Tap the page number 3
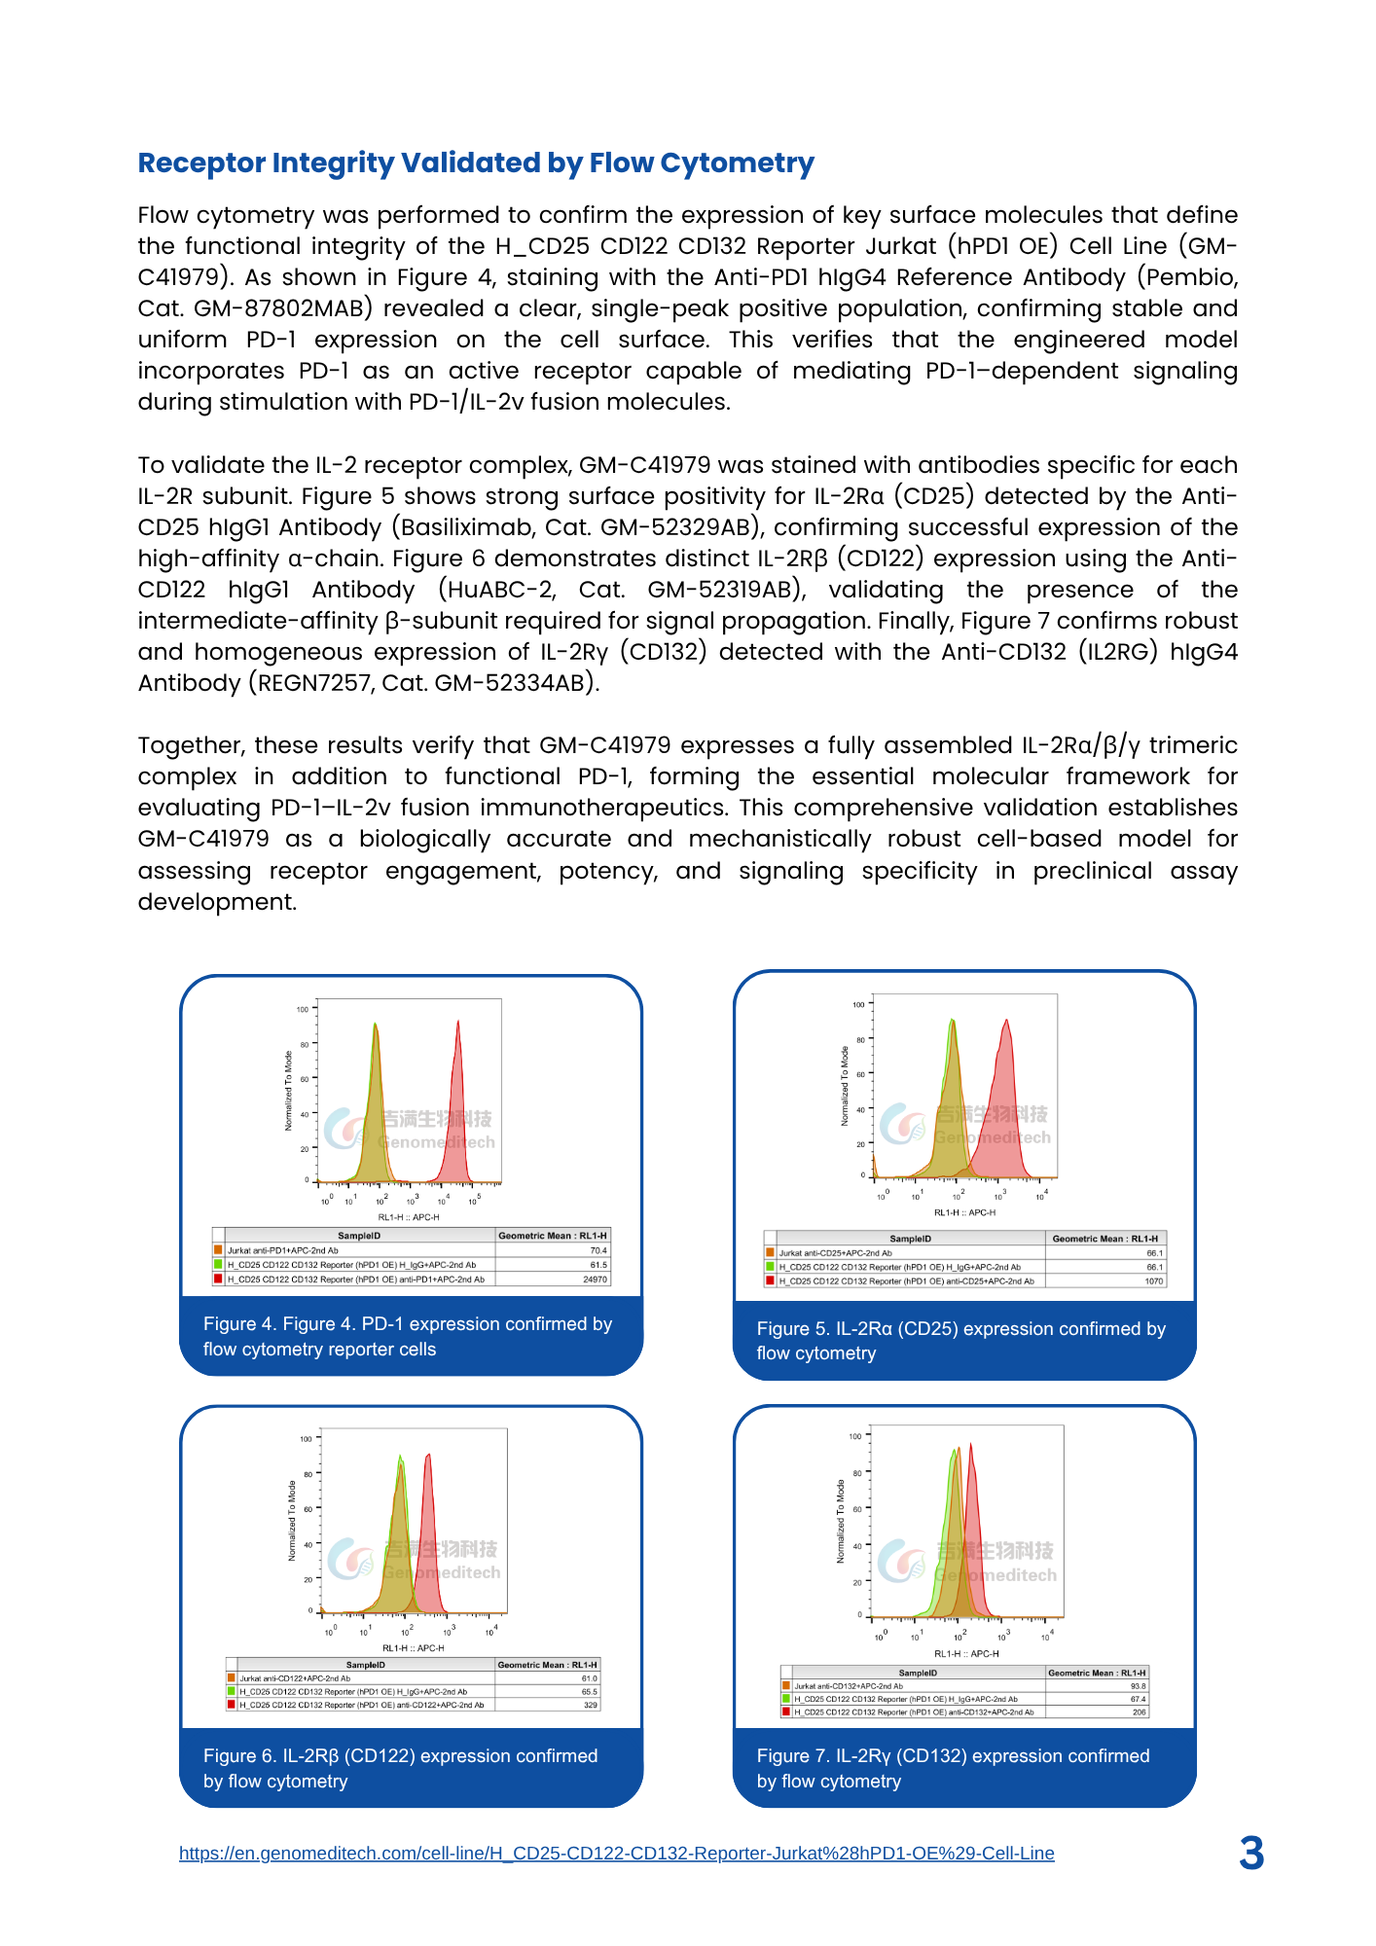1251,1854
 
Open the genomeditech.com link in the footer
616,1854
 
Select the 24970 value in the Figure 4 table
595,1279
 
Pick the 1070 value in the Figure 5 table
1153,1281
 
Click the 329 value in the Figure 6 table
590,1705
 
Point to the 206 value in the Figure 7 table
1139,1712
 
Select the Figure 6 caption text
400,1768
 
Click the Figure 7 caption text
953,1768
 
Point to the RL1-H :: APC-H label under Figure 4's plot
409,1217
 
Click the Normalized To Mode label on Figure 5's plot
845,1086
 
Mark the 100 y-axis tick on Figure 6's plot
306,1439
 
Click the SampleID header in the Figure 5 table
911,1239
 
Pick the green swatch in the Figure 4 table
219,1265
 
